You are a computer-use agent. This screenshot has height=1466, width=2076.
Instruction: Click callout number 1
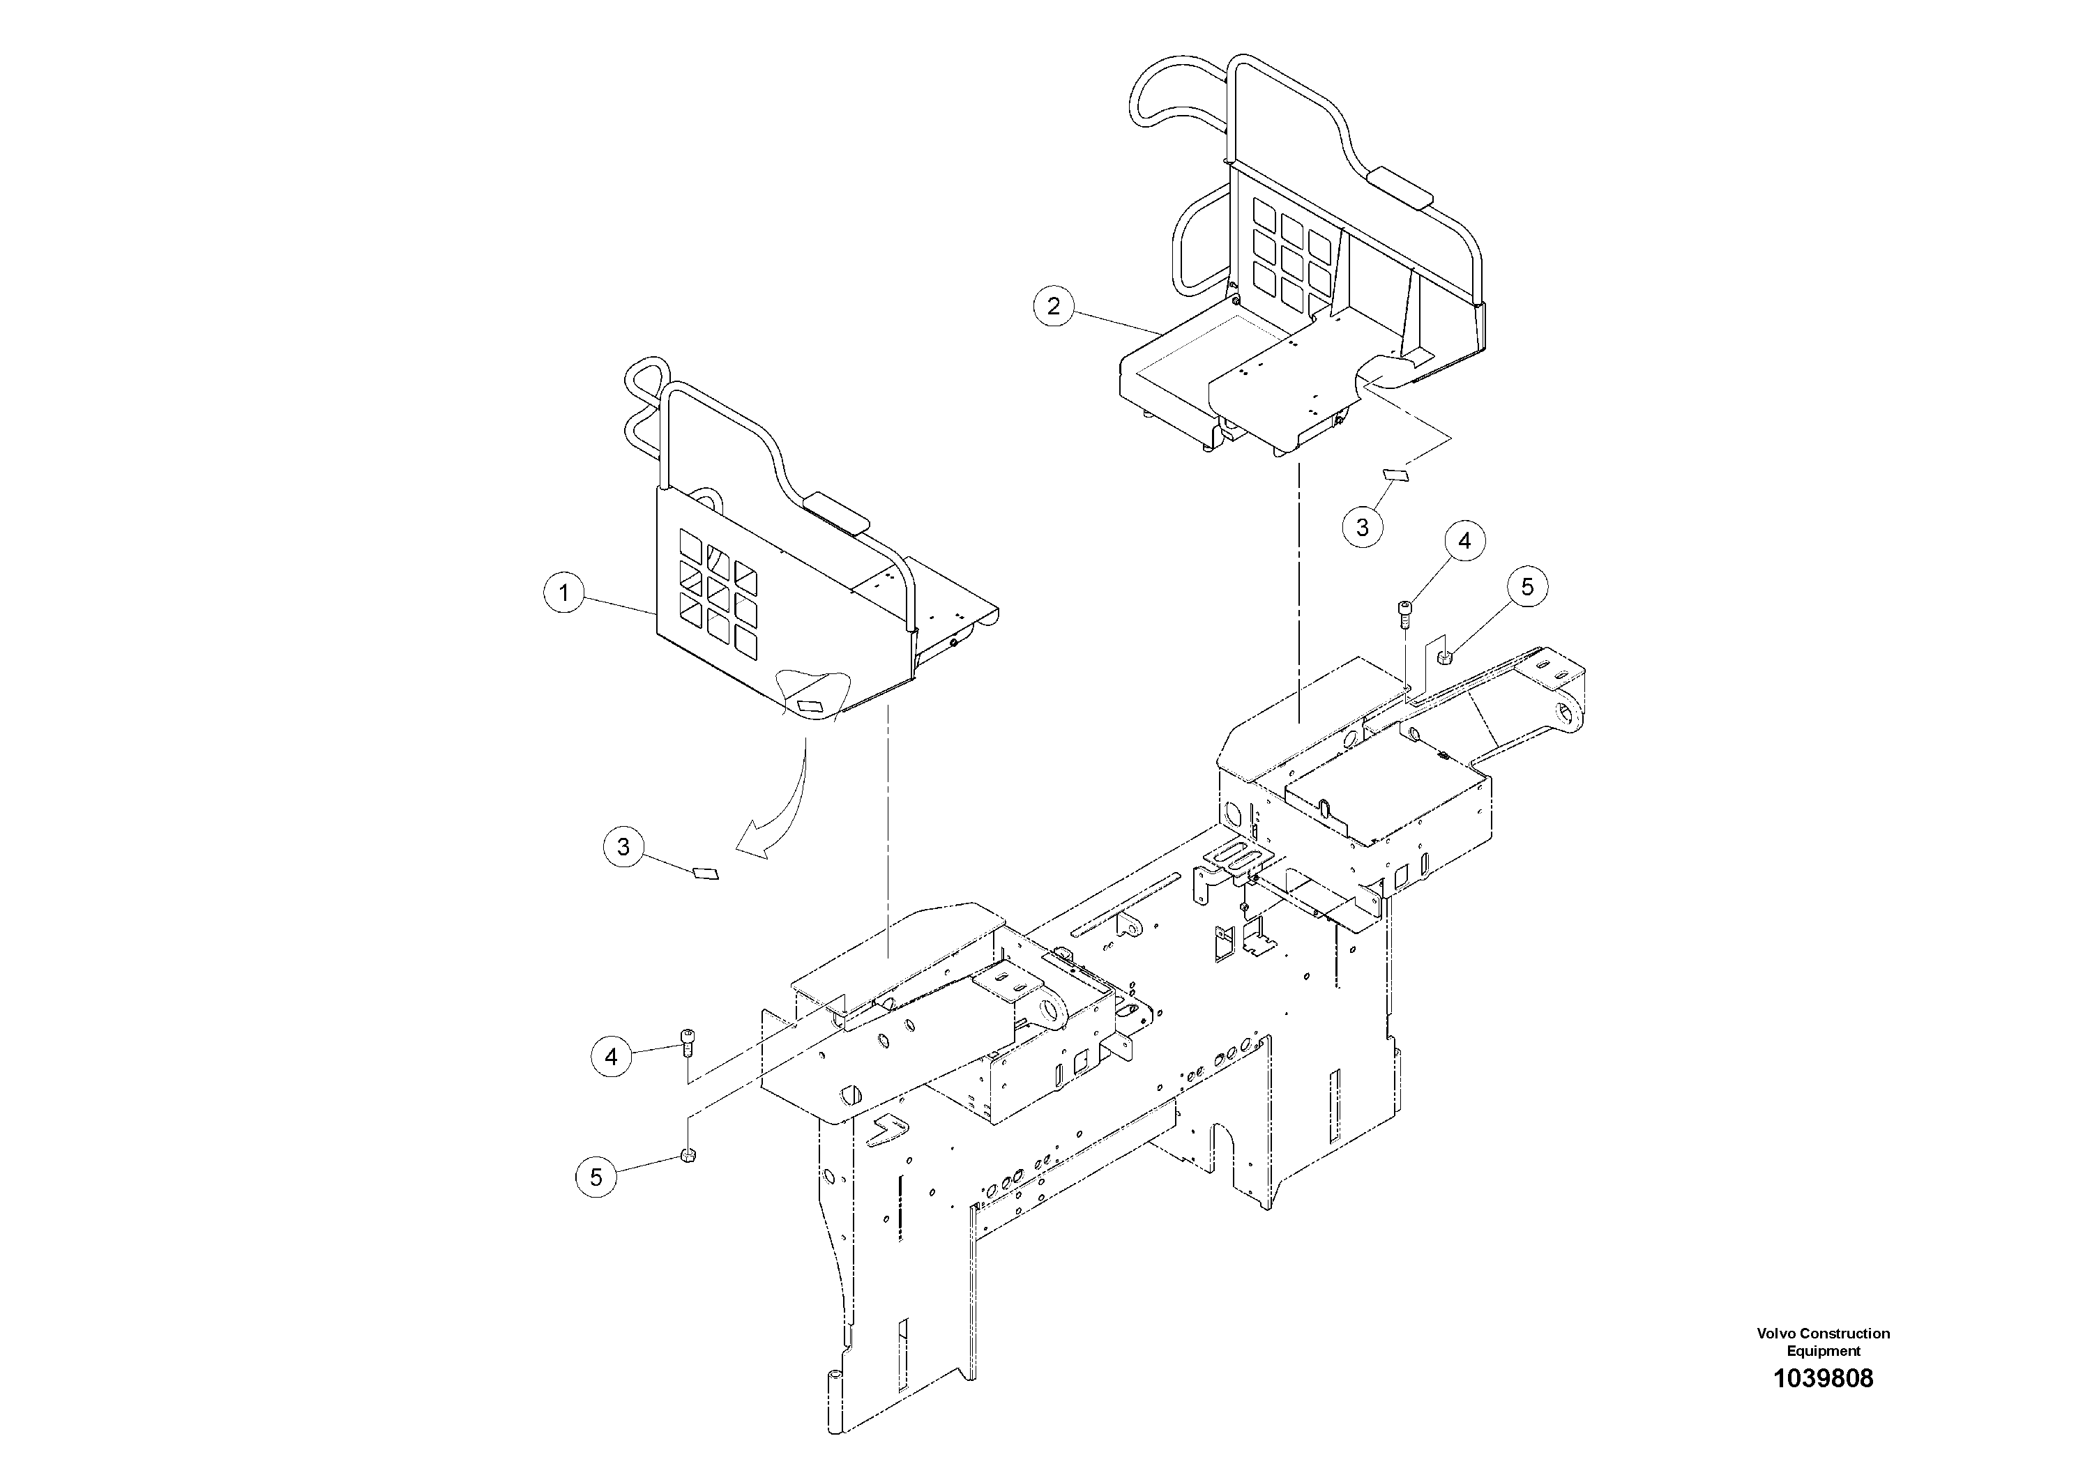(x=564, y=593)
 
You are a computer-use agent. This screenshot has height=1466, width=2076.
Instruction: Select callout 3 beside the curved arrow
(x=623, y=847)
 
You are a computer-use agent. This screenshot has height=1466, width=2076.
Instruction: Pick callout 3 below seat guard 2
(x=1363, y=526)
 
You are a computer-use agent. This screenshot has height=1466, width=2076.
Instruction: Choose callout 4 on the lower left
(x=612, y=1055)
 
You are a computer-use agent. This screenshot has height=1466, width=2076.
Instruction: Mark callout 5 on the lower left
(x=596, y=1177)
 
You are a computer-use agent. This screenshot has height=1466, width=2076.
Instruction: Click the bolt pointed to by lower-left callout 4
(x=688, y=1041)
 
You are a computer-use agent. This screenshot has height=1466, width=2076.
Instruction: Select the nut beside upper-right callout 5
(x=1446, y=657)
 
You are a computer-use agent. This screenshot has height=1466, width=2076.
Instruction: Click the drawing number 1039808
(x=1823, y=1404)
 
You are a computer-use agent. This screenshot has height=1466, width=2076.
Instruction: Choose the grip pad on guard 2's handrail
(x=1400, y=185)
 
